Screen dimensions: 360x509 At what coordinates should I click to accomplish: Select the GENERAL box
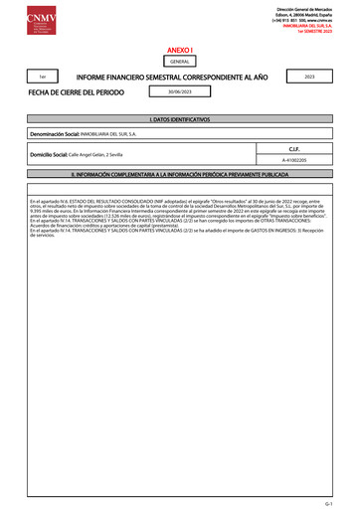[x=180, y=62]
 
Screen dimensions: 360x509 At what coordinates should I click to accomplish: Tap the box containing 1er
[x=42, y=77]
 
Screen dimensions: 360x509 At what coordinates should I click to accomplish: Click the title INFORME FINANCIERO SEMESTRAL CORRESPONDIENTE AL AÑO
[x=167, y=77]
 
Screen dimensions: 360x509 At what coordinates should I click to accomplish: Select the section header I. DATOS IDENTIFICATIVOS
[x=180, y=119]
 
